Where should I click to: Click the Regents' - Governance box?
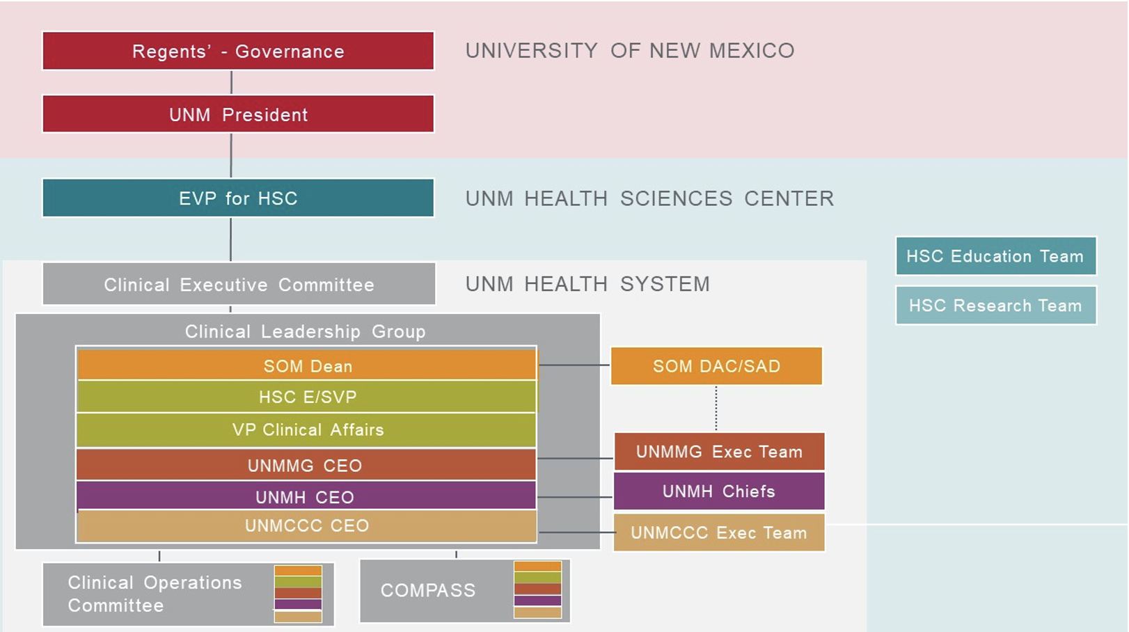pos(238,51)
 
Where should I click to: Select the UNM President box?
pos(238,114)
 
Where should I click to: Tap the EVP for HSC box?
pos(238,198)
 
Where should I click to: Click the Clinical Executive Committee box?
pos(239,284)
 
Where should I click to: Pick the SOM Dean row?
pos(307,365)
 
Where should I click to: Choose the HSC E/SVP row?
pos(307,397)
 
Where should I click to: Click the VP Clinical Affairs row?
pos(306,430)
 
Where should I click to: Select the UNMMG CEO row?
pos(306,465)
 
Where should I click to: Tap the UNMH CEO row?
pos(306,496)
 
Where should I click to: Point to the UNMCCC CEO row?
pos(307,526)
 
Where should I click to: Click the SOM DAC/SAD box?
pos(716,366)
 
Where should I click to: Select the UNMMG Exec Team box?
pos(719,452)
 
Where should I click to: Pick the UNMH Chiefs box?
pos(719,491)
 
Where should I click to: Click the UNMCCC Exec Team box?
pos(719,532)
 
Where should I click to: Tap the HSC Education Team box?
pos(995,256)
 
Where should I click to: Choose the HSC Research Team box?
pos(995,306)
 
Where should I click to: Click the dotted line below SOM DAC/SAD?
pos(716,409)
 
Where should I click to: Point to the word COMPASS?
pos(428,590)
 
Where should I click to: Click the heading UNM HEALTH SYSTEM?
pos(587,284)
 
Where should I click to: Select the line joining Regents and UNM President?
pos(231,82)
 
